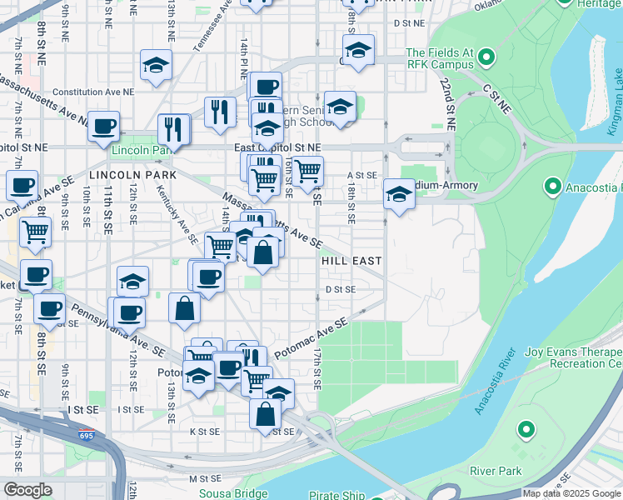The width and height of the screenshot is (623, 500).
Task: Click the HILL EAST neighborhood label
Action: point(351,261)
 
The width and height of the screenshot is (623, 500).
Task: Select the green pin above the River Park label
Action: point(526,430)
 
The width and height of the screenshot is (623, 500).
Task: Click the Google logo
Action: point(27,489)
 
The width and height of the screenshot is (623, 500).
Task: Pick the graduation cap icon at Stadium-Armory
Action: point(399,194)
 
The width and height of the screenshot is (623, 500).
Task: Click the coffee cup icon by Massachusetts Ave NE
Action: point(104,126)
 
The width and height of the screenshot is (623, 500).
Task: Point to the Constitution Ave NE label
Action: point(92,92)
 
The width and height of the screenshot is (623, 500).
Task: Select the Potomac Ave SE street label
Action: point(310,337)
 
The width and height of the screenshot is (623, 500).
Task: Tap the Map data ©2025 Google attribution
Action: point(571,493)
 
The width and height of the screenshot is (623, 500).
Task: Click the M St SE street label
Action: point(203,478)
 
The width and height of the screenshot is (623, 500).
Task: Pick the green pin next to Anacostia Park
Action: point(551,185)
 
